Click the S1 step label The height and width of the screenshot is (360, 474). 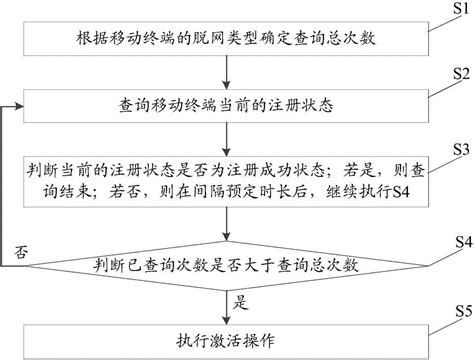[461, 8]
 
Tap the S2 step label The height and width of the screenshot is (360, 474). [461, 74]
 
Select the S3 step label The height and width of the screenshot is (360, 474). [461, 150]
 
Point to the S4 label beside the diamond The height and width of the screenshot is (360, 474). [464, 242]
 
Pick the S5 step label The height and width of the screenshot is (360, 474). [464, 311]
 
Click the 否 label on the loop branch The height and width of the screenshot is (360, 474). [20, 253]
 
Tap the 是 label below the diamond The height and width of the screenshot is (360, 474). [241, 302]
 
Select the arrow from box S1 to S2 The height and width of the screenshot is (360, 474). [226, 72]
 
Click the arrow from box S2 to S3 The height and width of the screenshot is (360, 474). [226, 139]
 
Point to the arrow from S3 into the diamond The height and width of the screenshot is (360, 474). [226, 224]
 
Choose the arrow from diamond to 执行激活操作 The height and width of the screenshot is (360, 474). [226, 307]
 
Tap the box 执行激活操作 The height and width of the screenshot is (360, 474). [226, 342]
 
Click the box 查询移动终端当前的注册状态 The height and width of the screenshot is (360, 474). [226, 106]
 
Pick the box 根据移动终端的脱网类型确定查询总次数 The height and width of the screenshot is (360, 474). [226, 39]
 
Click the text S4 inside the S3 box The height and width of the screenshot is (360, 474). [401, 192]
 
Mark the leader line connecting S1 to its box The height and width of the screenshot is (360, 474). [445, 23]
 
